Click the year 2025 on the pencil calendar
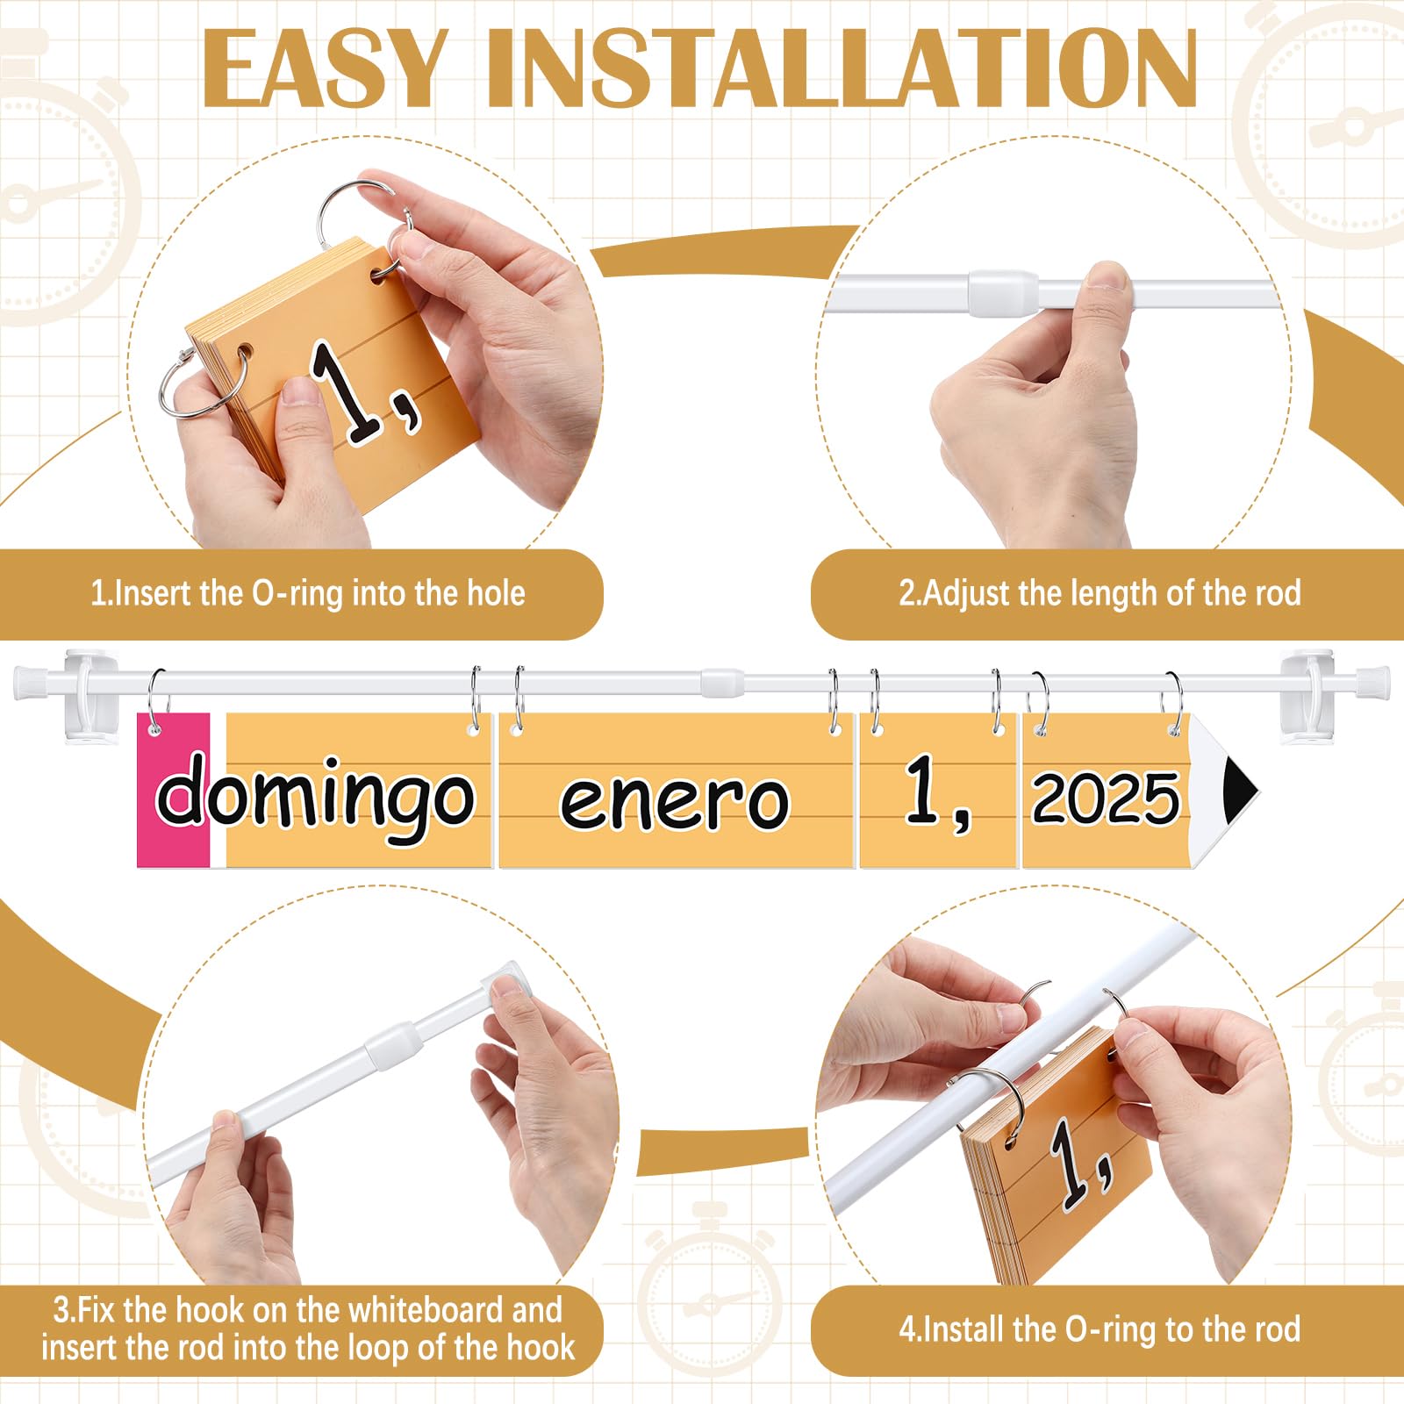[x=1106, y=799]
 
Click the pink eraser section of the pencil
[x=173, y=790]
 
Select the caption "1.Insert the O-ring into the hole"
[x=307, y=594]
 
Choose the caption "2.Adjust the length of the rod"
[x=1099, y=594]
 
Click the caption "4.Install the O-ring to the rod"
[x=1099, y=1329]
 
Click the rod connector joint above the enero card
[x=721, y=680]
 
